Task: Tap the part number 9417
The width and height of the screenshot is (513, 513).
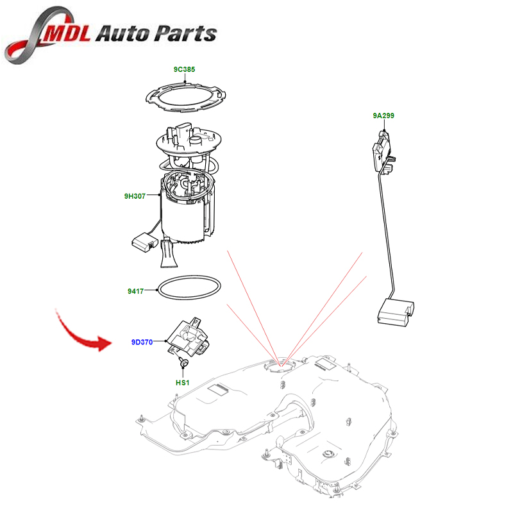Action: (135, 291)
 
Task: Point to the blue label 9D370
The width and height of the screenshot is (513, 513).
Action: (142, 342)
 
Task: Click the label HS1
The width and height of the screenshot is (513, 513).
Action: (183, 382)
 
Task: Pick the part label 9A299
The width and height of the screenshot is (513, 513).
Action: (383, 116)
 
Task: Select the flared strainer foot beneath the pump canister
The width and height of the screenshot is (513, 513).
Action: (168, 255)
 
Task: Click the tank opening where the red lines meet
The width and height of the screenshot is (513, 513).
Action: (281, 367)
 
